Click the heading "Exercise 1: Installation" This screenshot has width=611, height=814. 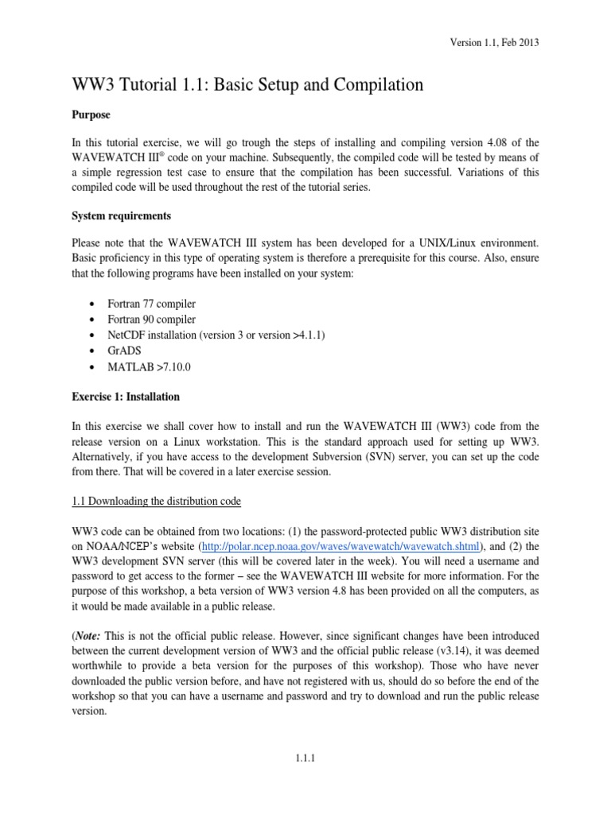[126, 396]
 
